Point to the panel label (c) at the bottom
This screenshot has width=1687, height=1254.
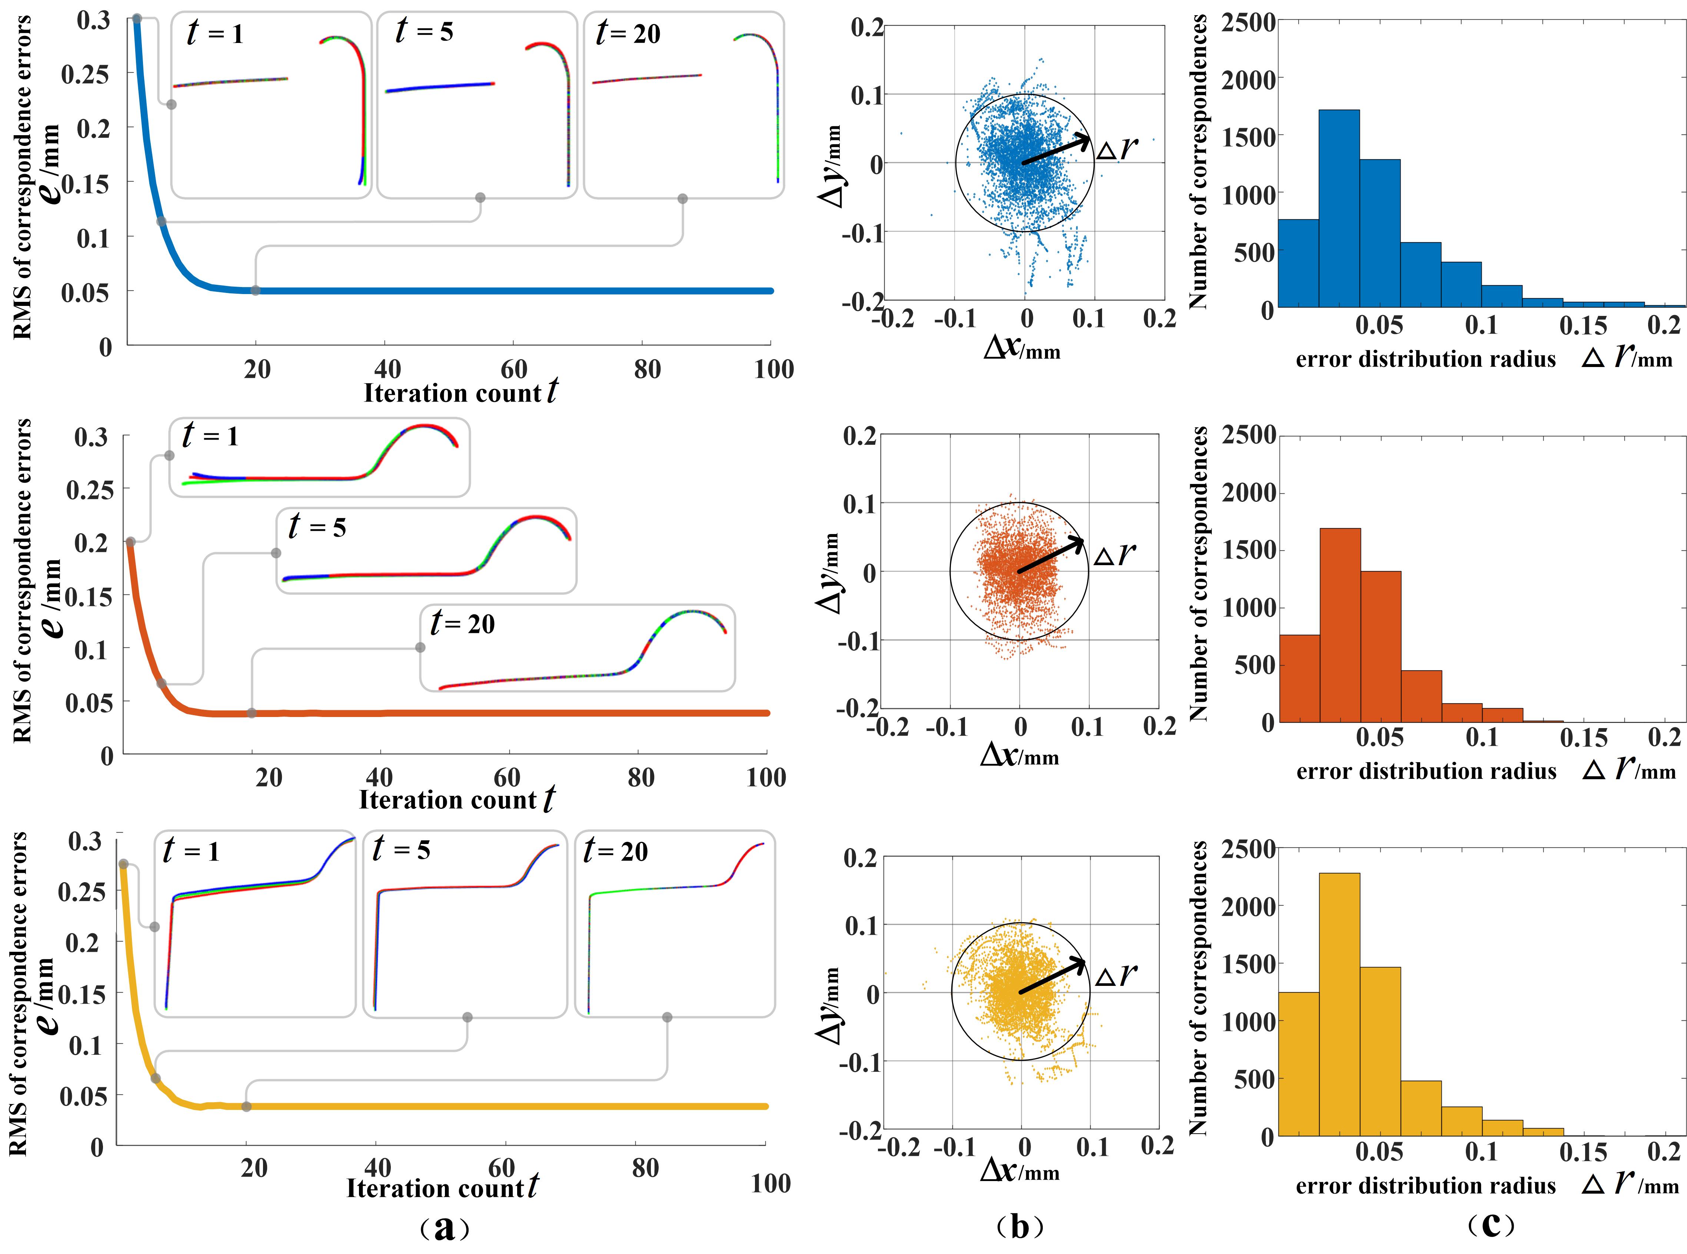[1490, 1224]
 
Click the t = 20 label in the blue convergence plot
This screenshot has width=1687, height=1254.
[628, 33]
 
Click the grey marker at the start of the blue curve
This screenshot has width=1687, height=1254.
[137, 18]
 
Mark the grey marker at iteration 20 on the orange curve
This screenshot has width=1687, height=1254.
[251, 713]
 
